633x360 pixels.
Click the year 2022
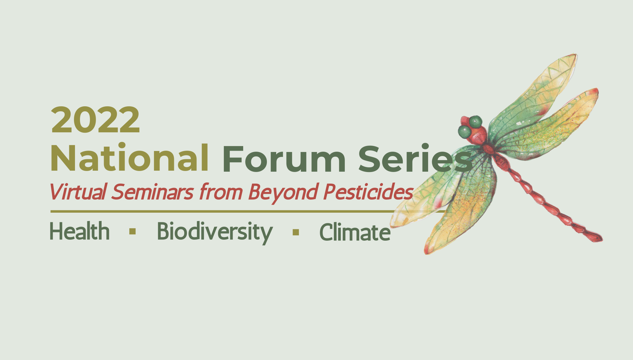pyautogui.click(x=95, y=120)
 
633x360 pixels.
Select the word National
pyautogui.click(x=130, y=158)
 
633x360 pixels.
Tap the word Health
pyautogui.click(x=80, y=231)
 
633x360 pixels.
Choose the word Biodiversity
pyautogui.click(x=215, y=232)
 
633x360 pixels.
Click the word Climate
pyautogui.click(x=355, y=232)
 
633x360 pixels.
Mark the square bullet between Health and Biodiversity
pyautogui.click(x=133, y=232)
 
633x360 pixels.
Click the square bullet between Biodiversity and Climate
pyautogui.click(x=296, y=232)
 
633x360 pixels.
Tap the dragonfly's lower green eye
pyautogui.click(x=464, y=132)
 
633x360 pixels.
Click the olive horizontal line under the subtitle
pyautogui.click(x=248, y=211)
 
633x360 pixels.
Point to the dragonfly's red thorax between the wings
pyautogui.click(x=489, y=149)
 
